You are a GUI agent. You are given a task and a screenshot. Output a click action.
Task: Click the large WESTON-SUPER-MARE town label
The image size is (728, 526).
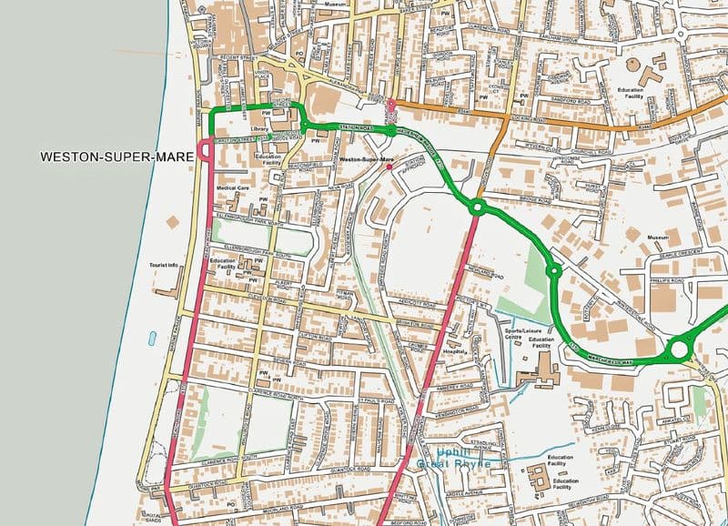tap(117, 157)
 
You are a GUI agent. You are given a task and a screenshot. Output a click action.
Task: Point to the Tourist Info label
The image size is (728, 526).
tap(164, 266)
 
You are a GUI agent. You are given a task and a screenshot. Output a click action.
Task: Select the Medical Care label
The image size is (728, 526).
tap(232, 188)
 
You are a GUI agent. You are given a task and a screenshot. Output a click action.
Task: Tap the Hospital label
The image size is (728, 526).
tap(454, 350)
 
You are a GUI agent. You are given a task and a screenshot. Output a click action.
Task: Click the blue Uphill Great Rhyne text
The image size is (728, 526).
tap(454, 458)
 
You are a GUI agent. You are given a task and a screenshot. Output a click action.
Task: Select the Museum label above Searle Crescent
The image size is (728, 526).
tap(658, 238)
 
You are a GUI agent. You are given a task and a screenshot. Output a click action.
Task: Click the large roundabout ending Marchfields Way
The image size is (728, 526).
tap(678, 349)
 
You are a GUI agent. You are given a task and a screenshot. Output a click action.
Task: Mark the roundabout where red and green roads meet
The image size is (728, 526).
tap(476, 207)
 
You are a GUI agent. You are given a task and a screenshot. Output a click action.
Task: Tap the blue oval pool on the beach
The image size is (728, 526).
tap(151, 339)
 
